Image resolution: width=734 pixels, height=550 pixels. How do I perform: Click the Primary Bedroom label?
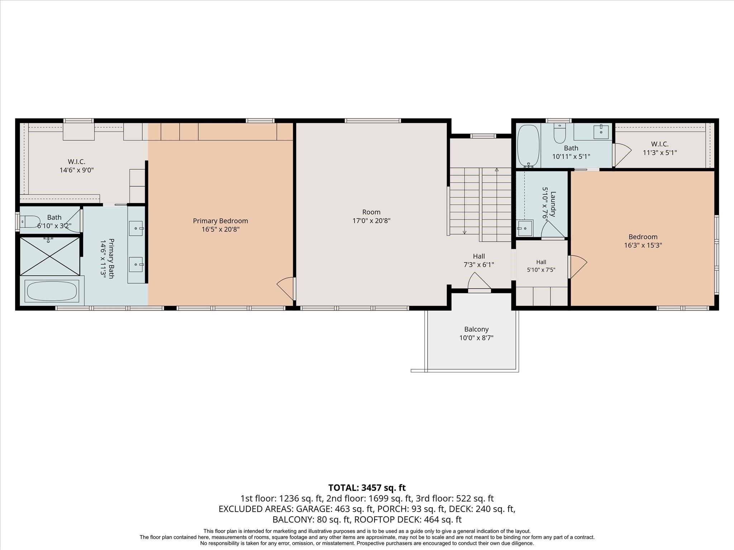click(x=220, y=221)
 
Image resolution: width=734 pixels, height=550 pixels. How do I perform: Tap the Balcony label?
click(x=476, y=329)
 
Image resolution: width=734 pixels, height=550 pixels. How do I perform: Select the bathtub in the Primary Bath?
click(x=52, y=291)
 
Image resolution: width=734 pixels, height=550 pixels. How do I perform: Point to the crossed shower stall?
click(x=49, y=256)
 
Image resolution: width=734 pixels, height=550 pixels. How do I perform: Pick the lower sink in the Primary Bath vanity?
click(x=136, y=265)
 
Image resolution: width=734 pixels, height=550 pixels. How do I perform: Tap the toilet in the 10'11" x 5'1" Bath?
click(x=559, y=134)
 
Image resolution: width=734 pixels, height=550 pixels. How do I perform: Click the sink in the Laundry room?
click(x=525, y=228)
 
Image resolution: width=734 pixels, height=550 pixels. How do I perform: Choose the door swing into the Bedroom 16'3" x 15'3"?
click(x=577, y=267)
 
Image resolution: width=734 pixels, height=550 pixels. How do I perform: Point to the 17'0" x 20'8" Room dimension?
click(x=371, y=221)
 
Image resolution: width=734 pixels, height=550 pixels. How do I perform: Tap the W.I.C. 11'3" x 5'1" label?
click(x=660, y=148)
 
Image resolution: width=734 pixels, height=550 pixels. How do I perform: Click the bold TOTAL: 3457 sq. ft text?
click(x=367, y=488)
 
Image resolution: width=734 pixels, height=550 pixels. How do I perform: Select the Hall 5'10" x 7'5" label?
click(x=541, y=266)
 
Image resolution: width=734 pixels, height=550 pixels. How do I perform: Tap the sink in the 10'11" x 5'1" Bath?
click(x=601, y=132)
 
